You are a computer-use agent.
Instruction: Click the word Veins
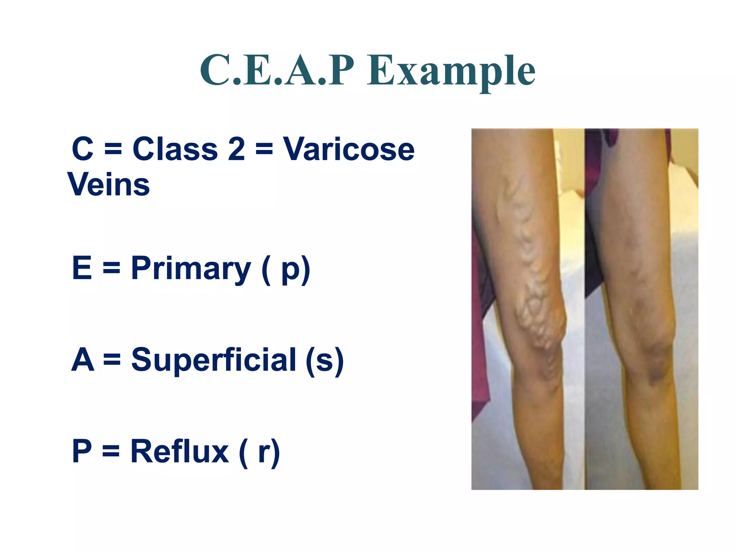coord(109,184)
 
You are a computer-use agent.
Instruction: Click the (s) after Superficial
coord(324,360)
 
